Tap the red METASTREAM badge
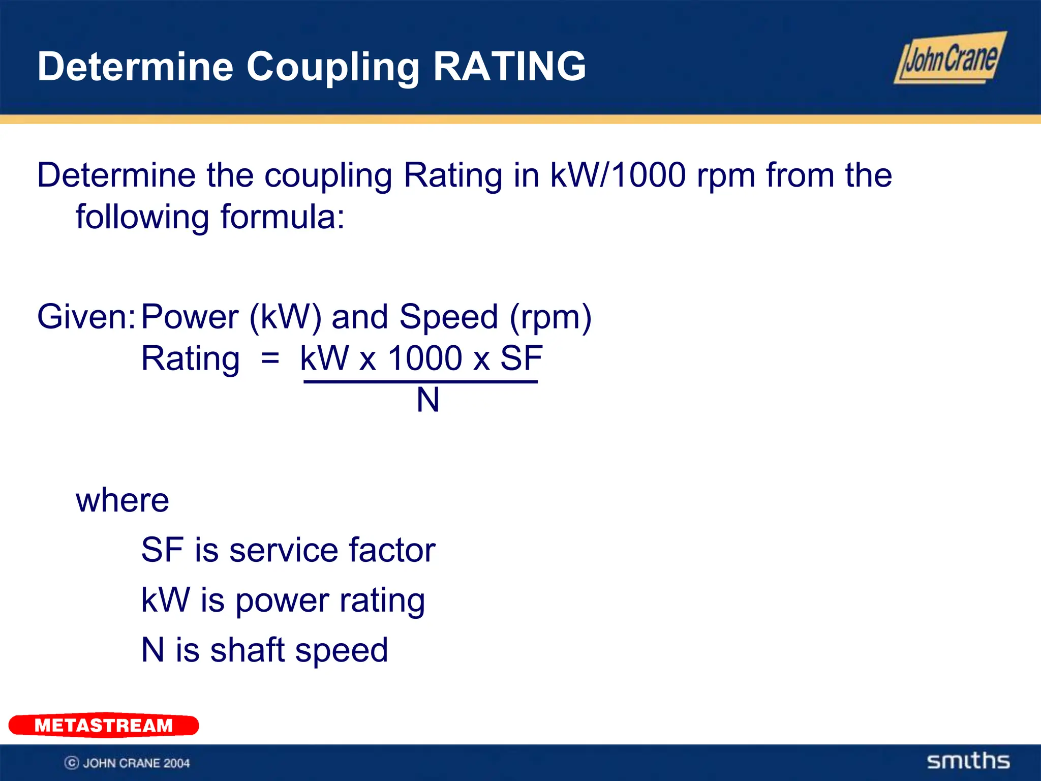click(104, 725)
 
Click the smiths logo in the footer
click(968, 761)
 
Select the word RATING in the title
click(509, 67)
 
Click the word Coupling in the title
click(333, 68)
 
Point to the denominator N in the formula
click(427, 400)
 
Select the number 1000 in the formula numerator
click(424, 358)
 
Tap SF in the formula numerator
click(522, 358)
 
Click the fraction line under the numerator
click(420, 381)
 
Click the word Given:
click(86, 317)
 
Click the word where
click(122, 500)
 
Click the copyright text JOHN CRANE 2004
click(136, 763)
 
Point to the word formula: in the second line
click(283, 217)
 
